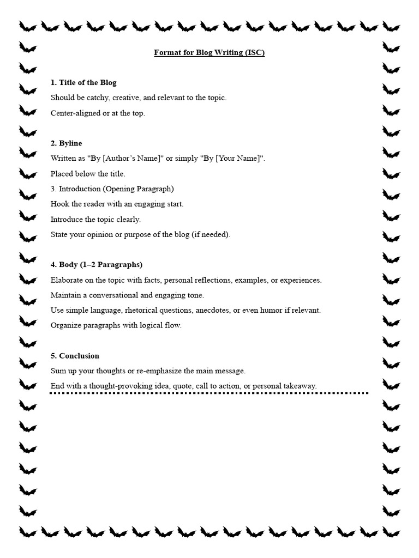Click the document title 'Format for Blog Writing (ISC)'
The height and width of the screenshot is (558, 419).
[x=209, y=53]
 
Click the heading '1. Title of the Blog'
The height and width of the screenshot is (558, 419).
[x=83, y=83]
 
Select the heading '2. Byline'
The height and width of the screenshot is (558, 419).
[x=67, y=143]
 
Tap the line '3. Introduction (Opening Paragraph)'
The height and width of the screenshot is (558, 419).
[x=112, y=189]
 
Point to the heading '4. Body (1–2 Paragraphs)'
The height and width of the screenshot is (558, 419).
[x=97, y=265]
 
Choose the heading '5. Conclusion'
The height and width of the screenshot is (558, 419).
[x=75, y=356]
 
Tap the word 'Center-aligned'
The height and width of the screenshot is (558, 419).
[x=75, y=113]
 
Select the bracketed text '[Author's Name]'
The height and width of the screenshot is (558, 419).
[x=131, y=159]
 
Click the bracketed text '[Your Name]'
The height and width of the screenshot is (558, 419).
[x=236, y=159]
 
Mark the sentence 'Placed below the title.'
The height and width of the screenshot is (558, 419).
[x=88, y=174]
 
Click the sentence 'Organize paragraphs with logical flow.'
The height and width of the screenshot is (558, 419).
[x=116, y=325]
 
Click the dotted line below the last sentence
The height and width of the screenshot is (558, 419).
[x=209, y=393]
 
